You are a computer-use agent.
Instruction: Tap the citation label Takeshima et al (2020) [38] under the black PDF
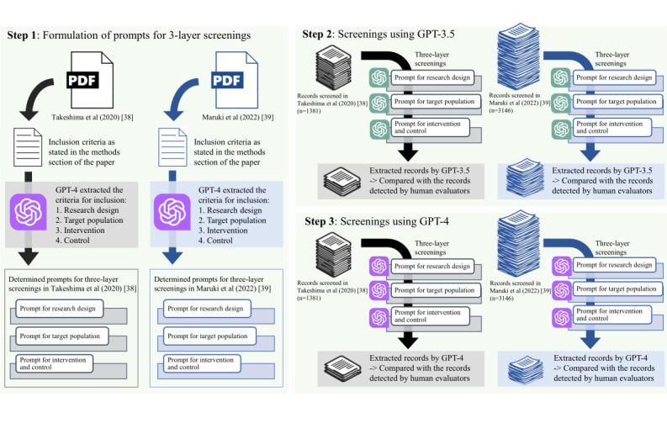point(93,117)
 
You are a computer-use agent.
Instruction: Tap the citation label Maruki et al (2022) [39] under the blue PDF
point(238,117)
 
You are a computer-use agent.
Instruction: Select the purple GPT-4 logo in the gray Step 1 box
point(29,212)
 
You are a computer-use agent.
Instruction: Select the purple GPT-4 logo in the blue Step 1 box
point(172,212)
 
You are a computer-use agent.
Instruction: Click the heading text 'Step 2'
point(317,34)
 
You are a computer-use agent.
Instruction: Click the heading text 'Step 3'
point(320,221)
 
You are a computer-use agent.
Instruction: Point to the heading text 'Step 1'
point(22,35)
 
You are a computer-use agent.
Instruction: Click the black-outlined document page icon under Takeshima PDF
point(28,147)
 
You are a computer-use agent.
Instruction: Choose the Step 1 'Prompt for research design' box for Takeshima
point(59,309)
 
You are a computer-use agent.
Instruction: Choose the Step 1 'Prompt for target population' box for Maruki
point(210,336)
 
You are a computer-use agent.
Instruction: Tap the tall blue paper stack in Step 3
point(518,241)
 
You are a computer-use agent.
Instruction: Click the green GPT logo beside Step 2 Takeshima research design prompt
point(379,78)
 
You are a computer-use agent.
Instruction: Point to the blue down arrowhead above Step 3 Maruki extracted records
point(590,341)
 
